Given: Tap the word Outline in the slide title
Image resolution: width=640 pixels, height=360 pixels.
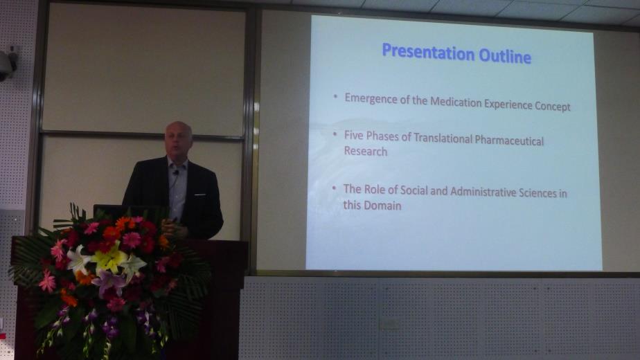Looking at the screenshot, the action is (505, 56).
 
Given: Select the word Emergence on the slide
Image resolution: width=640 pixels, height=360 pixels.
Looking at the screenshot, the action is (371, 98).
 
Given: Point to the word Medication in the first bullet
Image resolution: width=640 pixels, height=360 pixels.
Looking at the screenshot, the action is (456, 102).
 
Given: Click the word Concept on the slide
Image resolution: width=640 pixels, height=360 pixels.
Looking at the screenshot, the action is (553, 106).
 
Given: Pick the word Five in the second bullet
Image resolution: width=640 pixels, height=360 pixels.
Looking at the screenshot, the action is (353, 135).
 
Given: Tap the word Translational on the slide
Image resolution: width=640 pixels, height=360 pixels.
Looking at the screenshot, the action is (443, 138).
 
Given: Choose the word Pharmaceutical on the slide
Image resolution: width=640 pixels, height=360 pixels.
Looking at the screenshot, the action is (509, 141).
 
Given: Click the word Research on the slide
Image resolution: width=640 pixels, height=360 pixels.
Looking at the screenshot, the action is (365, 151).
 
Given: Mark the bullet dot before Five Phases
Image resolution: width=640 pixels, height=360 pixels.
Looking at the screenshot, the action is (335, 134).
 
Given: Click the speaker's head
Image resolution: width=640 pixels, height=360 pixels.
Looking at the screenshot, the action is (179, 138).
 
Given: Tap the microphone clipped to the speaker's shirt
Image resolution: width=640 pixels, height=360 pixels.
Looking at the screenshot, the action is (176, 172).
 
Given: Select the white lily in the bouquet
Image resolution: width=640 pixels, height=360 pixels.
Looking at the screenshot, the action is (78, 259).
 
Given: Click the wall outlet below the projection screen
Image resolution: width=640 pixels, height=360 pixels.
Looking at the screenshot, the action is (389, 325).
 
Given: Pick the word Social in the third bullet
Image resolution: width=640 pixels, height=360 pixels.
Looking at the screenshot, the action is (414, 190).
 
